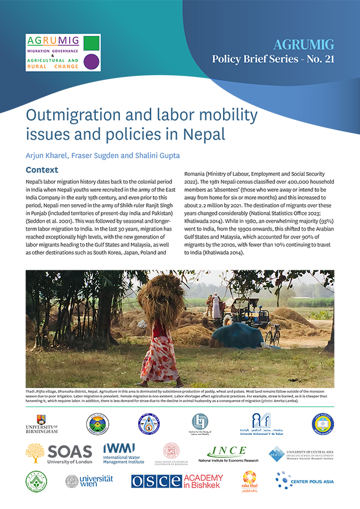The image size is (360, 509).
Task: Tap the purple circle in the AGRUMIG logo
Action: [x=91, y=61]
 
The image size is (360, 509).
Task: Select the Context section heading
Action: [x=42, y=170]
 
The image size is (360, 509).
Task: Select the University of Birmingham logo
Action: [x=41, y=424]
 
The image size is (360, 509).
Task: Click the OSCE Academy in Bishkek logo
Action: [x=177, y=481]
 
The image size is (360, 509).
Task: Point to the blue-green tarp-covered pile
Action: [x=238, y=336]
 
